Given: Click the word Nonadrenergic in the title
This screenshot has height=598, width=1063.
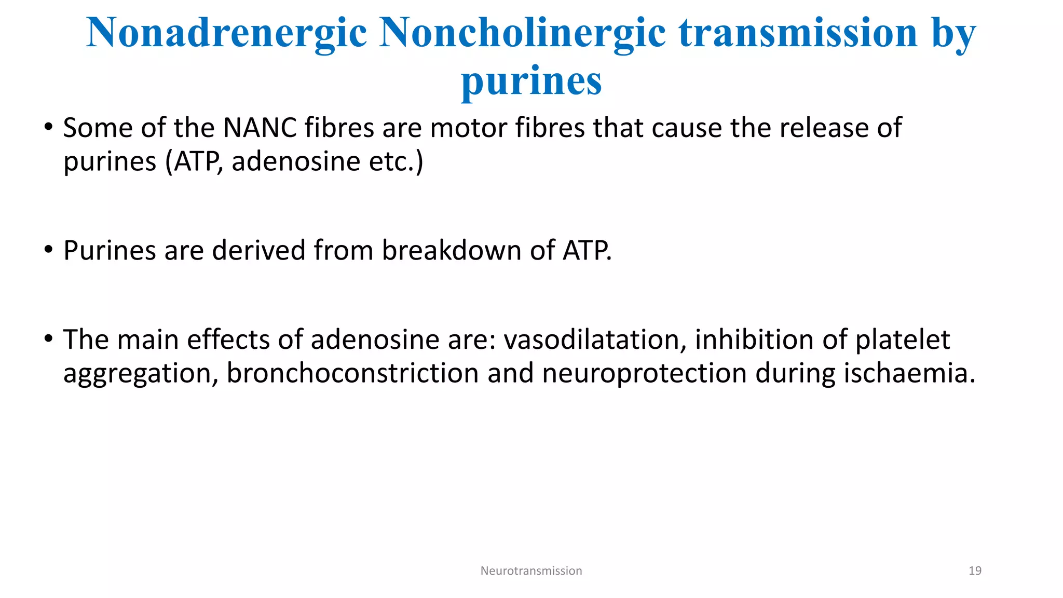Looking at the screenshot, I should coord(226,33).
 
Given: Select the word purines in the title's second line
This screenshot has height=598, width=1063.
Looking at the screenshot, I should coord(531,81).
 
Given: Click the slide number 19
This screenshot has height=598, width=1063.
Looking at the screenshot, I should coord(975,570).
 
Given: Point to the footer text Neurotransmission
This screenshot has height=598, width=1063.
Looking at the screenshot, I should coord(531,570).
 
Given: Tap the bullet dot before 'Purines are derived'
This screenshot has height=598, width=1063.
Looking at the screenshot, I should coord(48,250).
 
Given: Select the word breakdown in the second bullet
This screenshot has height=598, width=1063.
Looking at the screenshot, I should coord(451,250).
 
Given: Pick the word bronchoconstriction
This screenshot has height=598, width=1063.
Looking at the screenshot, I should coord(352,373).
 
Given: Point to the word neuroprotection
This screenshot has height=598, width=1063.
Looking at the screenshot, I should coord(644,373).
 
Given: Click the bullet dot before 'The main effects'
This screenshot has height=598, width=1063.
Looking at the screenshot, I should coord(48,339).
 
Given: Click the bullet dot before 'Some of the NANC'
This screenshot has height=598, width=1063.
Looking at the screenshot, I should coord(48,127).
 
